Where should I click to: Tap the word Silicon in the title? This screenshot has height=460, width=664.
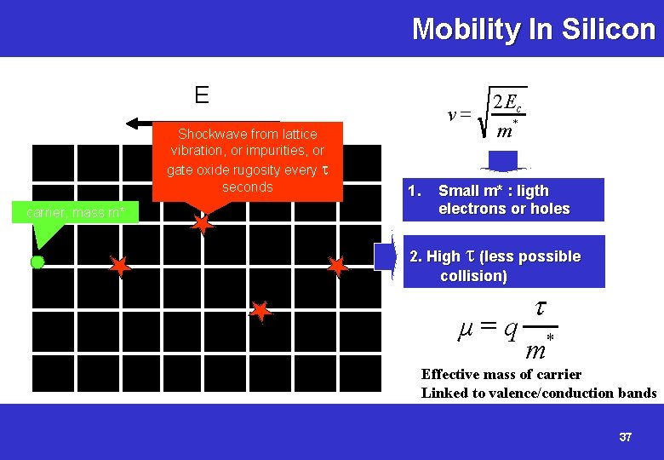pyautogui.click(x=609, y=30)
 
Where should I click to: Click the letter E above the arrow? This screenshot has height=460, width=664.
pyautogui.click(x=202, y=95)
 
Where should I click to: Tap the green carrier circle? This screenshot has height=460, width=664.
pyautogui.click(x=37, y=262)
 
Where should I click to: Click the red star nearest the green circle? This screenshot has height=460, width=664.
pyautogui.click(x=120, y=267)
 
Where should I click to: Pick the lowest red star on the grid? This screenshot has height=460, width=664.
pyautogui.click(x=260, y=313)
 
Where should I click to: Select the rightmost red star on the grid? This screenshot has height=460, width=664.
pyautogui.click(x=338, y=267)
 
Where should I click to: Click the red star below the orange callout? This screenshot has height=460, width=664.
pyautogui.click(x=203, y=224)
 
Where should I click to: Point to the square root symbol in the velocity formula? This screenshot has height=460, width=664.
pyautogui.click(x=484, y=115)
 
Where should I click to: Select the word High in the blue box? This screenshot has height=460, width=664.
pyautogui.click(x=443, y=256)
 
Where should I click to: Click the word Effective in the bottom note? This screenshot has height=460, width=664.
pyautogui.click(x=450, y=374)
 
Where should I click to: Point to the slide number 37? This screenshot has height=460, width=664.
pyautogui.click(x=626, y=437)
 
